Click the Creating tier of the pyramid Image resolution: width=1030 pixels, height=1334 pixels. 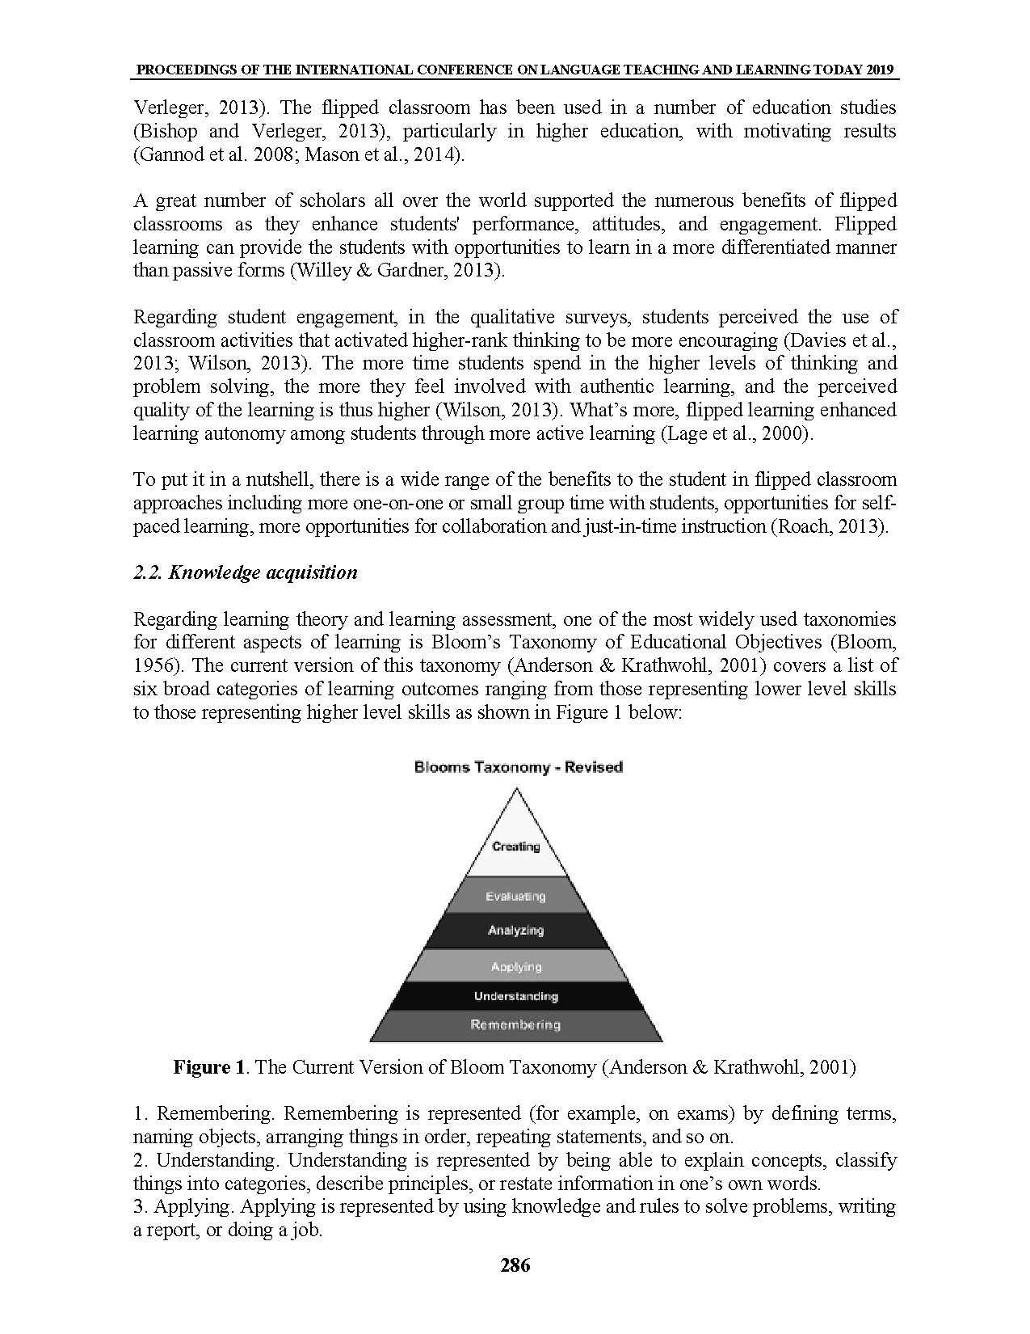click(x=515, y=846)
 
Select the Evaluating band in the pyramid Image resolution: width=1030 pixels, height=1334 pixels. click(x=515, y=897)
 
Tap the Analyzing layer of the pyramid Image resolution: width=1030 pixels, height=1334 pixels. click(x=515, y=931)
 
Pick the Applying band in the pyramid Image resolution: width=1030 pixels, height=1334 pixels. click(x=516, y=967)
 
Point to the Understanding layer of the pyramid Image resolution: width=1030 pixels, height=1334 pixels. click(x=516, y=997)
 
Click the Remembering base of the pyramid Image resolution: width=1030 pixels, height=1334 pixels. click(x=515, y=1025)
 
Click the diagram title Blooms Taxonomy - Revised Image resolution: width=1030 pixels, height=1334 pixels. click(x=518, y=767)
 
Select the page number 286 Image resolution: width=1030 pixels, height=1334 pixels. click(x=515, y=1265)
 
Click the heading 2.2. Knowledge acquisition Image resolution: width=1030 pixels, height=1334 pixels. click(x=245, y=572)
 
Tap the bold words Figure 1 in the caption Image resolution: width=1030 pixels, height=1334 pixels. click(x=208, y=1067)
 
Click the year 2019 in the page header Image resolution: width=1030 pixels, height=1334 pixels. click(x=882, y=70)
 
